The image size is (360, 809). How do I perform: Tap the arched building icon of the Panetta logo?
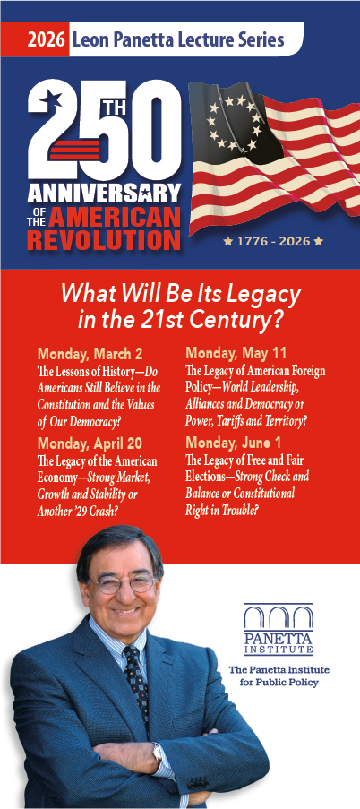coord(279,617)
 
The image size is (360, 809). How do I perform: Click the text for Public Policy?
coord(279,682)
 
